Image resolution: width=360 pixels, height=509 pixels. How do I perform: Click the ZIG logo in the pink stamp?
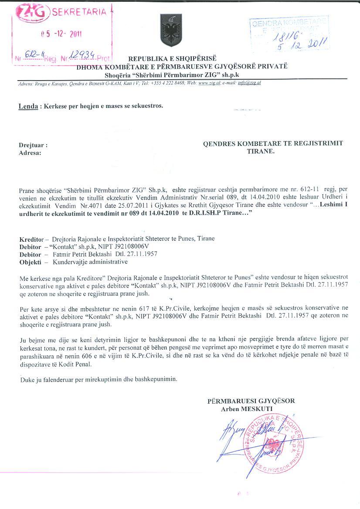pyautogui.click(x=35, y=13)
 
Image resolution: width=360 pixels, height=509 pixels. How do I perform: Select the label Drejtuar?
pyautogui.click(x=32, y=145)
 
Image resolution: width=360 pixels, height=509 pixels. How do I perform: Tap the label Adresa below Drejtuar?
pyautogui.click(x=30, y=153)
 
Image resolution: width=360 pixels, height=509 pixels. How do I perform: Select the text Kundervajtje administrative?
pyautogui.click(x=90, y=262)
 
